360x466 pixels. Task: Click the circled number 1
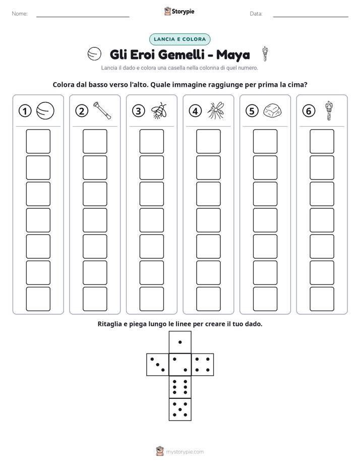tap(25, 111)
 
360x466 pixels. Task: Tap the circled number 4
tap(195, 111)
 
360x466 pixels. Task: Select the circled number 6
tap(309, 111)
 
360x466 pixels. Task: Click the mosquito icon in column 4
tap(216, 110)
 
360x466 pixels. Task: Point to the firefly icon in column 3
tap(159, 110)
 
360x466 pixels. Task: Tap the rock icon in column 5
tap(272, 111)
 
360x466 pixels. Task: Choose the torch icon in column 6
tap(329, 110)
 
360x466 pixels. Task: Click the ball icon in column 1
tap(45, 111)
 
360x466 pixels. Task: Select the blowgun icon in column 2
tap(102, 110)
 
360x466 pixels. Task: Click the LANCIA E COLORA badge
tap(179, 39)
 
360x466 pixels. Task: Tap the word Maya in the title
tap(233, 55)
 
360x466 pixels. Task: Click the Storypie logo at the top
tap(179, 11)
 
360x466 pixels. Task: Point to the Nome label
tap(20, 14)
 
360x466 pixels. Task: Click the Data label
tap(256, 14)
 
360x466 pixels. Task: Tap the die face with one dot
tap(180, 342)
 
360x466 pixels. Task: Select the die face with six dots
tap(180, 387)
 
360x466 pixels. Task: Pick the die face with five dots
tap(180, 410)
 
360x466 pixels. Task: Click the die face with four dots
tap(203, 365)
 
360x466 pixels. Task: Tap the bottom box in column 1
tap(38, 299)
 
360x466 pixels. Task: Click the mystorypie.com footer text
tap(185, 452)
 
